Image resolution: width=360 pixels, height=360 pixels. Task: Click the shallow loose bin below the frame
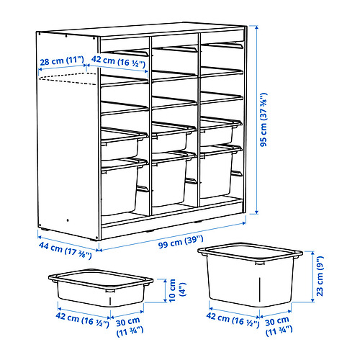(x=101, y=289)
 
